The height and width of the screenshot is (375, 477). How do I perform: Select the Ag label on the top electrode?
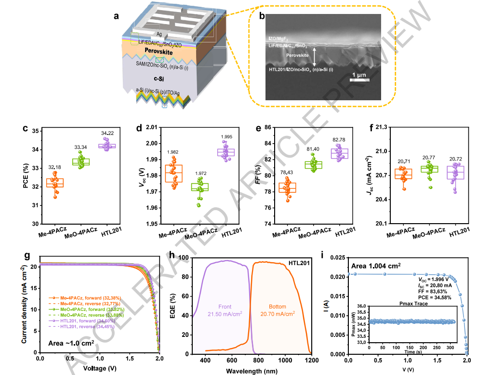pyautogui.click(x=159, y=34)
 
